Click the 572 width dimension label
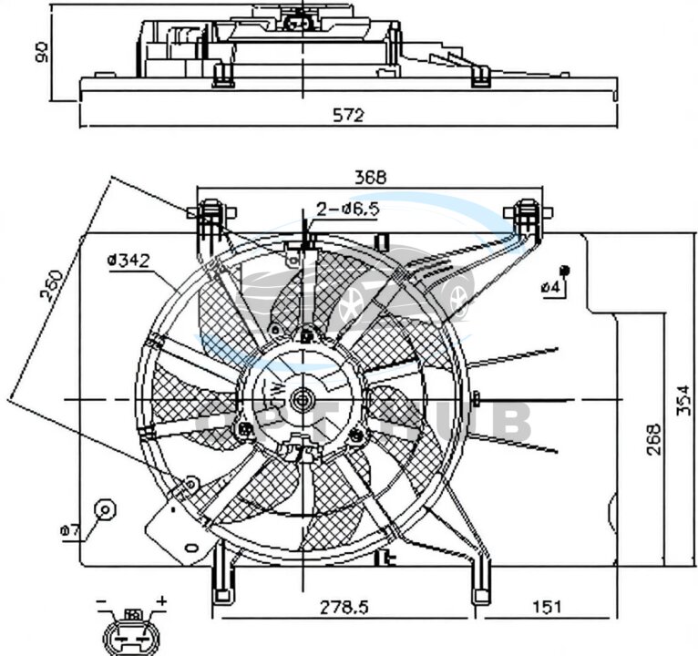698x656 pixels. coord(347,115)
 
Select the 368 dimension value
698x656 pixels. coord(370,178)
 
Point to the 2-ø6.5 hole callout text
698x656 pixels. coord(347,210)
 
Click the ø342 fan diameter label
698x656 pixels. coord(128,261)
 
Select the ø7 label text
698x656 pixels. coord(70,529)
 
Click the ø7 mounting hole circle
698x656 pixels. coord(105,509)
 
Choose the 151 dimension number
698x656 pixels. coord(545,605)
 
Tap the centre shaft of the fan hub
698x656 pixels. coord(302,398)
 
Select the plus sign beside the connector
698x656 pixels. coord(161,602)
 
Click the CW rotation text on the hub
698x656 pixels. coord(275,393)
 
